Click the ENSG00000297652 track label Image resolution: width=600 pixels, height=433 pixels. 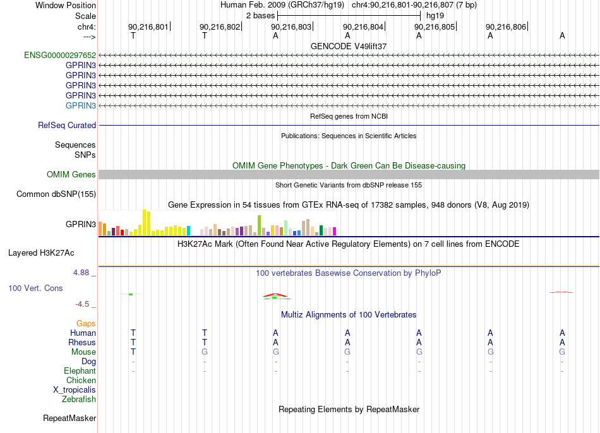[x=60, y=55]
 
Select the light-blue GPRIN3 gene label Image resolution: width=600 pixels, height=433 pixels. [x=81, y=105]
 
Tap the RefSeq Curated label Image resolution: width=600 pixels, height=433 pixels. [x=67, y=125]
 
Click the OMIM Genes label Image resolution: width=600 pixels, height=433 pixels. [x=71, y=174]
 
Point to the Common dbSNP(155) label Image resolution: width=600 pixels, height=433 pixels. [x=56, y=194]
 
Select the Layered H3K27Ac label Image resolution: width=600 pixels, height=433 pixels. [x=41, y=253]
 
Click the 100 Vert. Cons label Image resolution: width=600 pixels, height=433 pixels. [x=35, y=288]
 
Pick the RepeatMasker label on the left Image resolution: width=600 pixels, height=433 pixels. [x=69, y=418]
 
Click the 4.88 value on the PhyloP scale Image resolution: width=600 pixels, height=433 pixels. [x=81, y=272]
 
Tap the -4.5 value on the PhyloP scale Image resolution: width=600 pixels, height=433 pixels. [x=82, y=304]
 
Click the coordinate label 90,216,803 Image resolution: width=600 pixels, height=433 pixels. [x=291, y=27]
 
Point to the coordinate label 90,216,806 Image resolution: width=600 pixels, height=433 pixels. [x=506, y=27]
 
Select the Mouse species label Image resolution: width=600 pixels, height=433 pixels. [x=84, y=352]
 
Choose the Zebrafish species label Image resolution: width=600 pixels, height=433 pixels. [x=79, y=400]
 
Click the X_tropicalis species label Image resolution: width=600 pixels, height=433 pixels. [x=75, y=390]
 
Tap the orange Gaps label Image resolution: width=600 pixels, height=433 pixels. [x=86, y=324]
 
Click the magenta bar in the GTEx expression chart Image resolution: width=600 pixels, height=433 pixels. [x=335, y=232]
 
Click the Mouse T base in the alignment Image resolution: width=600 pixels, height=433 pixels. [x=133, y=352]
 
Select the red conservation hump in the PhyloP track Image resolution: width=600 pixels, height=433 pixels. [x=275, y=295]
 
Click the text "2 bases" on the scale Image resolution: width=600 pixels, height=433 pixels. [x=261, y=16]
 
